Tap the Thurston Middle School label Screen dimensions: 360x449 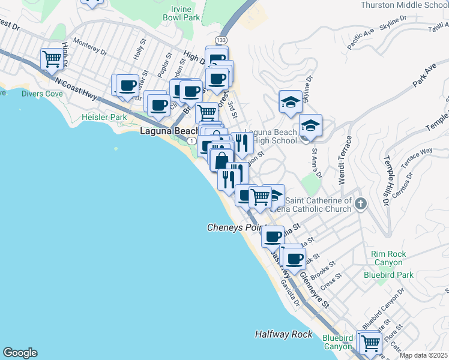(405, 5)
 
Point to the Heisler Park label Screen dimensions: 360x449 (104, 117)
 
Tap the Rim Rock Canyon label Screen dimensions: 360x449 (388, 258)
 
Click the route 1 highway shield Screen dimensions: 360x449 (190, 140)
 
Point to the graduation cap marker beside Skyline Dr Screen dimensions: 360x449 (291, 102)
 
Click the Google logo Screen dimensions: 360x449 (20, 353)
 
